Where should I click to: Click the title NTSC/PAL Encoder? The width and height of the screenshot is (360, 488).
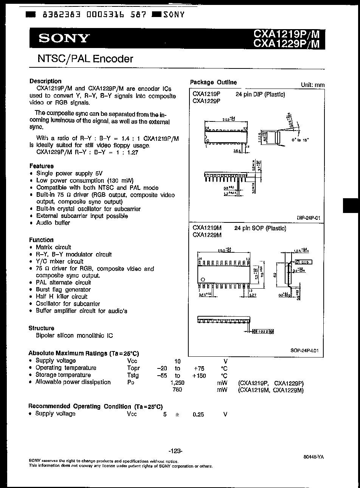[x=85, y=59]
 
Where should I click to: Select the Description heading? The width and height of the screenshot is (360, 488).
[x=45, y=81]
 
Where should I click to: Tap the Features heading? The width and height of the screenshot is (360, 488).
[x=42, y=166]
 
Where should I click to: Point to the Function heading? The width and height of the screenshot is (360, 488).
[x=41, y=240]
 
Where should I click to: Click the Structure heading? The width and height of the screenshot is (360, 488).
[x=42, y=328]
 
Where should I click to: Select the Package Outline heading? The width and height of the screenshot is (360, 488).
[x=213, y=82]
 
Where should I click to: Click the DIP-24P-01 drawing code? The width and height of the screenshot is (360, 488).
[x=309, y=218]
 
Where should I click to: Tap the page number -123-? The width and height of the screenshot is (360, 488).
[x=175, y=451]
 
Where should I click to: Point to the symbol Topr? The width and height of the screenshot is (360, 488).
[x=133, y=368]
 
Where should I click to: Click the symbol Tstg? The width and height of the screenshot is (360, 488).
[x=133, y=375]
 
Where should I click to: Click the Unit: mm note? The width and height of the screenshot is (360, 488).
[x=312, y=85]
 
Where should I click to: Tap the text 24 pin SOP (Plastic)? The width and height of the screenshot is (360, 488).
[x=260, y=228]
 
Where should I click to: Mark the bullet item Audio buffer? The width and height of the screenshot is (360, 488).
[x=53, y=223]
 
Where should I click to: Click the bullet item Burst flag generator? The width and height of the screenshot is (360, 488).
[x=63, y=289]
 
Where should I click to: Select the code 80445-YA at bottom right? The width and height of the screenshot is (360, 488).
[x=313, y=457]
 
